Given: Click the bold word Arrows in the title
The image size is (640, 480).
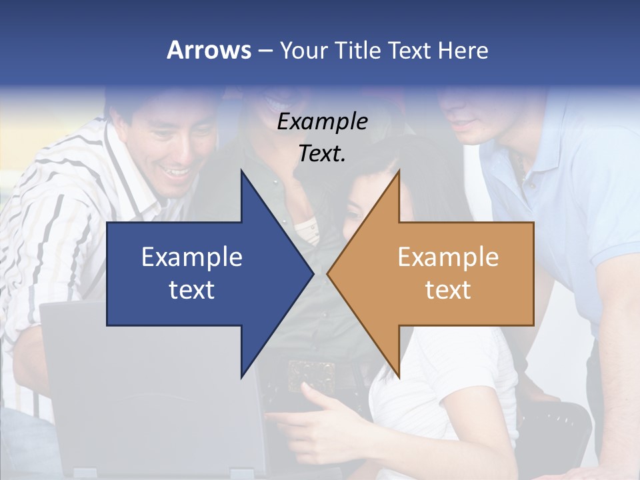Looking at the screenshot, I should click(x=209, y=50).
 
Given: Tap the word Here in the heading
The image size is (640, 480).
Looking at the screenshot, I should click(x=463, y=50).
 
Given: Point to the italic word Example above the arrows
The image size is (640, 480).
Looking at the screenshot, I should click(x=323, y=121).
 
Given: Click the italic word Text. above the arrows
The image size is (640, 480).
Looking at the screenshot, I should click(x=323, y=153).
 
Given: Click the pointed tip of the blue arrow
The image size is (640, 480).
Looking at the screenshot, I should click(x=313, y=273).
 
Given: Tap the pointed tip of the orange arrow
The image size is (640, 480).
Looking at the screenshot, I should click(x=328, y=273).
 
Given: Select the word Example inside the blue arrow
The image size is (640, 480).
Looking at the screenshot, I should click(x=192, y=257).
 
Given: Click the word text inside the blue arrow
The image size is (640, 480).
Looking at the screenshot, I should click(x=192, y=290).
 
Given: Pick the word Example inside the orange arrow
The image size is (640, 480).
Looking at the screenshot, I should click(x=448, y=257).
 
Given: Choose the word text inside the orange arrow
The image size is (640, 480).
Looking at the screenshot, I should click(x=448, y=290).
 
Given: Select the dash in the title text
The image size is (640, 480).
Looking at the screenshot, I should click(x=265, y=51).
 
